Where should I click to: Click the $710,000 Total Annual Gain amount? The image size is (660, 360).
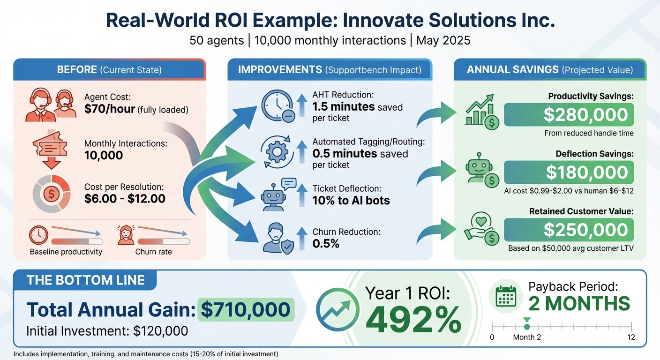pyautogui.click(x=246, y=310)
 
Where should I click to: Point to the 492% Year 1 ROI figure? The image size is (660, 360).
pyautogui.click(x=413, y=320)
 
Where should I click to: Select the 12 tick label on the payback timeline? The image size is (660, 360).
pyautogui.click(x=631, y=337)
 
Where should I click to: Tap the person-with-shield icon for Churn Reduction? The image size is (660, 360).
pyautogui.click(x=277, y=238)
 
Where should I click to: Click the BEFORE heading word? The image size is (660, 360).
pyautogui.click(x=76, y=70)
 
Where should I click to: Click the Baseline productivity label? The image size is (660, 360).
pyautogui.click(x=66, y=252)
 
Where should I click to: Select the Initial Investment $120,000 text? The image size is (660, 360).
pyautogui.click(x=107, y=331)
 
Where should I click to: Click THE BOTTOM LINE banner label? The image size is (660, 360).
pyautogui.click(x=85, y=280)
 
